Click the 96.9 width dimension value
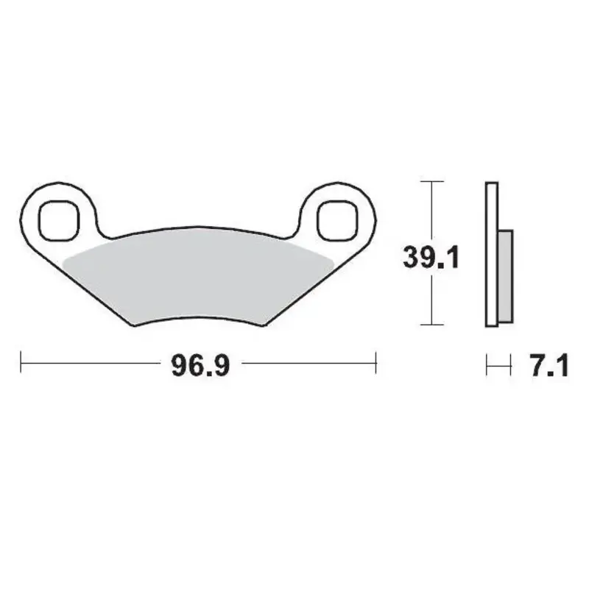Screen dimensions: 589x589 pos(197,363)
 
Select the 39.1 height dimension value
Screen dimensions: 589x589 pos(431,257)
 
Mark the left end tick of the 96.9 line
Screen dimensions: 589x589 pos(21,362)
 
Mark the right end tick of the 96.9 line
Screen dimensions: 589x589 pos(376,362)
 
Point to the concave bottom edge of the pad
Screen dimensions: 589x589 pos(199,317)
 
